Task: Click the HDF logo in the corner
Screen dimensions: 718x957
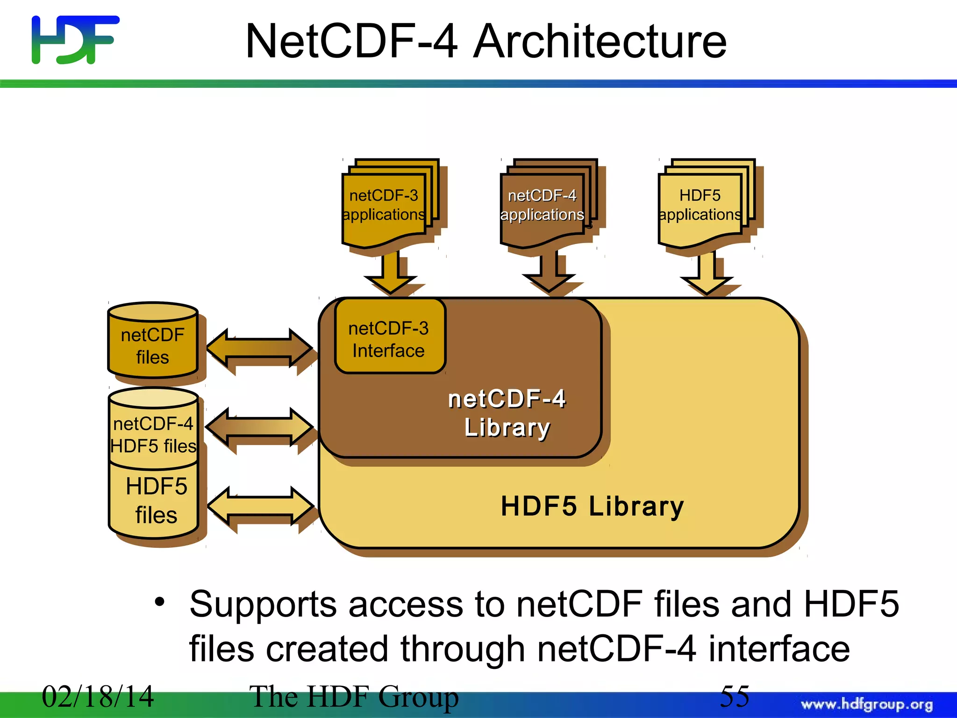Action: point(75,40)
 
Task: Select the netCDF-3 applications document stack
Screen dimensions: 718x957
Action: point(384,206)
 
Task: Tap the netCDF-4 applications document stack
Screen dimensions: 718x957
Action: point(542,206)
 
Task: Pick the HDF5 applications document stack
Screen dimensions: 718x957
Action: point(700,206)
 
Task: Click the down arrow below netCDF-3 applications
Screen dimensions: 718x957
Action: point(391,273)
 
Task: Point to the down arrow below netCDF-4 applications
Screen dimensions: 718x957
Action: point(549,273)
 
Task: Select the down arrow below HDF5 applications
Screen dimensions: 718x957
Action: point(707,273)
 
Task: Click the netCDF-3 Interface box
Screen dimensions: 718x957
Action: point(389,339)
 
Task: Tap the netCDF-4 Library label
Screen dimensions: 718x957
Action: point(507,414)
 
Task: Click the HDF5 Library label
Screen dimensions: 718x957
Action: point(592,506)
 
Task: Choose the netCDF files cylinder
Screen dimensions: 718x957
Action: point(152,346)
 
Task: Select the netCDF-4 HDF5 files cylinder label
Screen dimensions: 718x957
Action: point(153,435)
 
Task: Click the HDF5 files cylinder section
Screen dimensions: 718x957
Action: point(156,501)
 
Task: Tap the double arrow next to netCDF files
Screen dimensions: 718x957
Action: point(260,348)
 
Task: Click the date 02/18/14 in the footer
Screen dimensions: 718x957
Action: point(98,696)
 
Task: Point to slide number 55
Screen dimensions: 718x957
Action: point(734,696)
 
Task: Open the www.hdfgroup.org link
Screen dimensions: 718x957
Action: point(866,704)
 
